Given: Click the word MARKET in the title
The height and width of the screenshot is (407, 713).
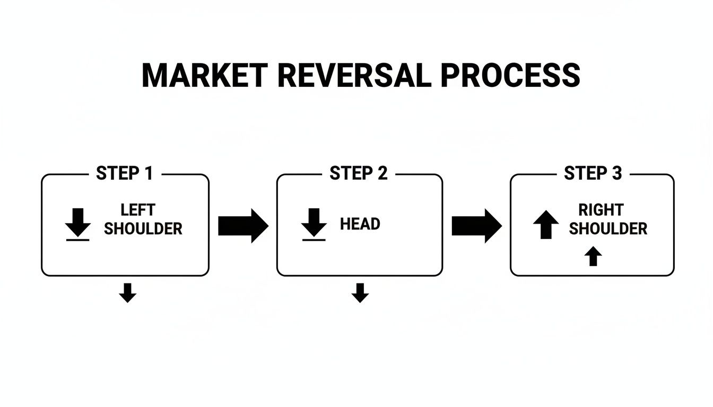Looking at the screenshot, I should pyautogui.click(x=205, y=75).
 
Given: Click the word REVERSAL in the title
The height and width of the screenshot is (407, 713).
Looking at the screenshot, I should pyautogui.click(x=354, y=75).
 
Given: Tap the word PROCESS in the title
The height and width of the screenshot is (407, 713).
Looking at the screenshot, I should pyautogui.click(x=510, y=75).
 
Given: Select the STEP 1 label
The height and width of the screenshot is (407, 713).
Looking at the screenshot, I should pyautogui.click(x=124, y=173).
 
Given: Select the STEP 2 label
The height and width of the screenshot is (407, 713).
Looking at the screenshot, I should pyautogui.click(x=358, y=173).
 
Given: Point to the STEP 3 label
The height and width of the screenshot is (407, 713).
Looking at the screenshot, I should pyautogui.click(x=593, y=173).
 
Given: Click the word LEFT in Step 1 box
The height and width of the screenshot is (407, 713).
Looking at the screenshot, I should pyautogui.click(x=138, y=210).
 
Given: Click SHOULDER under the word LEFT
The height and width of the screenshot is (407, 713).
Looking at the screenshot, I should pyautogui.click(x=143, y=229).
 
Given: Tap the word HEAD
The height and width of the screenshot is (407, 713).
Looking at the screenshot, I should pyautogui.click(x=360, y=224).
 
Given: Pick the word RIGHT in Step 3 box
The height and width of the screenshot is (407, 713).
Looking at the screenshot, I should pyautogui.click(x=601, y=210).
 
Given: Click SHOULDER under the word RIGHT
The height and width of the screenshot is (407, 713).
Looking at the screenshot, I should pyautogui.click(x=608, y=229).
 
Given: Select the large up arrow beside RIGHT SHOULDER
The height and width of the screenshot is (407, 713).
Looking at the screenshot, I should pyautogui.click(x=546, y=224).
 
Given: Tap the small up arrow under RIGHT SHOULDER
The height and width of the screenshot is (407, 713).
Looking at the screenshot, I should pyautogui.click(x=593, y=256).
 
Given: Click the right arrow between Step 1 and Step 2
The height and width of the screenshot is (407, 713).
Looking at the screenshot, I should pyautogui.click(x=243, y=226).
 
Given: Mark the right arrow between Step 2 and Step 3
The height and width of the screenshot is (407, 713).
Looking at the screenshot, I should pyautogui.click(x=476, y=226).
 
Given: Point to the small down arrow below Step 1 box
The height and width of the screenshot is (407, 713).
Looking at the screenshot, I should pyautogui.click(x=127, y=293).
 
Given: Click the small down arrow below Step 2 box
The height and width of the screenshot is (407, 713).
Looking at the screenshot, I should pyautogui.click(x=360, y=293).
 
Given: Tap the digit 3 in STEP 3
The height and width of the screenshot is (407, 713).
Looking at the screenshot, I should pyautogui.click(x=616, y=173).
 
